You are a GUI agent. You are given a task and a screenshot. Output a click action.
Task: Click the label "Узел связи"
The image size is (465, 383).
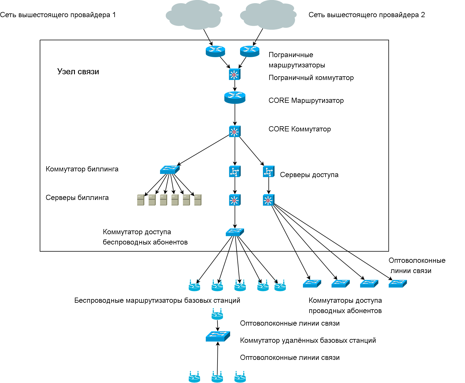click(x=78, y=72)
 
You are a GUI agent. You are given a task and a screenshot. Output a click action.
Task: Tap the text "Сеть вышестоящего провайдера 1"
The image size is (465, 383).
click(x=58, y=15)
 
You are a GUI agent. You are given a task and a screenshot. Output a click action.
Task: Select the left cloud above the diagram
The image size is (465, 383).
click(x=194, y=15)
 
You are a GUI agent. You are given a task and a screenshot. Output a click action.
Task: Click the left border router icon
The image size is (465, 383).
click(x=215, y=51)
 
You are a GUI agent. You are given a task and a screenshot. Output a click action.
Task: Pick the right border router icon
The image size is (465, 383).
click(x=250, y=51)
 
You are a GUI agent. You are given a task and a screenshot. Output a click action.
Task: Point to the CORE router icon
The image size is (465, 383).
click(x=235, y=97)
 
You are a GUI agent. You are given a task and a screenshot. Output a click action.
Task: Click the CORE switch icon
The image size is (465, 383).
click(x=235, y=131)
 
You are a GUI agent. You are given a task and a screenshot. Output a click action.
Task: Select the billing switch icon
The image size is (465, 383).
click(x=169, y=170)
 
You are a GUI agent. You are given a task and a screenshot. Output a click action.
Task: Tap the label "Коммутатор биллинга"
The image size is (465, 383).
click(x=82, y=169)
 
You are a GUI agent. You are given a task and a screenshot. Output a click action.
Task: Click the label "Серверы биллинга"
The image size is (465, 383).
click(x=77, y=198)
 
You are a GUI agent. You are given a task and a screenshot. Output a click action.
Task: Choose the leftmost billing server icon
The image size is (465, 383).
click(x=141, y=200)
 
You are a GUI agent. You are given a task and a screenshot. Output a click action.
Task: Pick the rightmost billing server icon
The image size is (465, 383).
click(x=198, y=200)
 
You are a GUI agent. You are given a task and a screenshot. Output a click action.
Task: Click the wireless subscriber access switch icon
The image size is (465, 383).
click(x=235, y=232)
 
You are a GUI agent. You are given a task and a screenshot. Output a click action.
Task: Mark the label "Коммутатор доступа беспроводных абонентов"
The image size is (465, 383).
click(x=145, y=237)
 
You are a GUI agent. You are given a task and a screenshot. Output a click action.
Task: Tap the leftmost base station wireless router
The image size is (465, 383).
click(x=194, y=286)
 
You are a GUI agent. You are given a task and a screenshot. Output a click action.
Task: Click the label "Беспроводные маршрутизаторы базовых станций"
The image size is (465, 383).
click(x=157, y=300)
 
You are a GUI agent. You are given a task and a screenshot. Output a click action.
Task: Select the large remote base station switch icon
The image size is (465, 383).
click(x=218, y=336)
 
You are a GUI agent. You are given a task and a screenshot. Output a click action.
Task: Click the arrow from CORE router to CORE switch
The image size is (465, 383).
click(x=235, y=115)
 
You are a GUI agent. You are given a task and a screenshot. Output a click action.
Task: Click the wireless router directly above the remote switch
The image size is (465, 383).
click(x=217, y=314)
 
